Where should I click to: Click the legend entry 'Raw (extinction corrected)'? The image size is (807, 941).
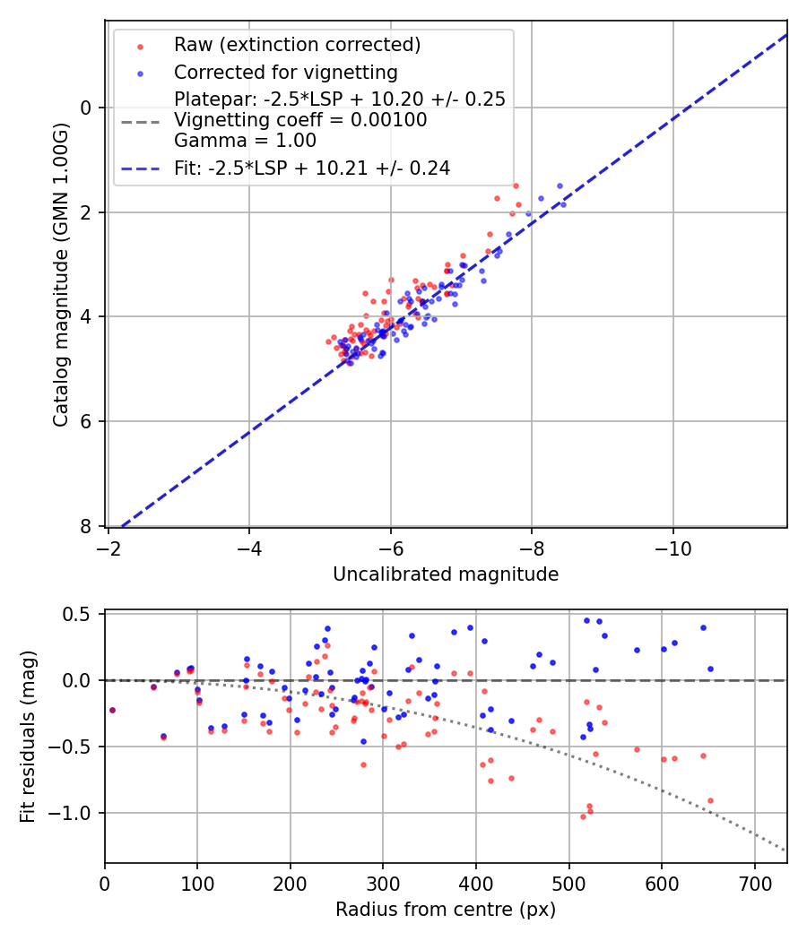tap(297, 45)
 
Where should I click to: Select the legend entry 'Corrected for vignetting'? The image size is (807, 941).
tap(285, 72)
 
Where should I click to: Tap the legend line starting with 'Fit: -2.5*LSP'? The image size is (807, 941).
tap(311, 168)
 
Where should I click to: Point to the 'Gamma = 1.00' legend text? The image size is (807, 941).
tap(245, 141)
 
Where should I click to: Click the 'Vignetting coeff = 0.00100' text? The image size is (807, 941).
tap(300, 120)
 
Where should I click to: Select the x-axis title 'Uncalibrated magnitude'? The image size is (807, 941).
tap(446, 574)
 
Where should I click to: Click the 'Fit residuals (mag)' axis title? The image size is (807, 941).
tap(28, 737)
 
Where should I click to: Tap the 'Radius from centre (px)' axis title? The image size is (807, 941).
tap(446, 910)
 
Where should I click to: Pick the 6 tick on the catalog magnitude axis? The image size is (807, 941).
tap(87, 421)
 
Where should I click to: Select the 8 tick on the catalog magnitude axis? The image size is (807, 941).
tap(87, 526)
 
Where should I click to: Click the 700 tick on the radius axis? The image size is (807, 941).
tap(754, 885)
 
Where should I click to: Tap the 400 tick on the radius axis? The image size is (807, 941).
tap(476, 885)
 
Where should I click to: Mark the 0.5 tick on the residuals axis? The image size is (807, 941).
tap(81, 614)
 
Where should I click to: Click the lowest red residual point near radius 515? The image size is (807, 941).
tap(583, 816)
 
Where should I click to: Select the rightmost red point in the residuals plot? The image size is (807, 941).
tap(710, 800)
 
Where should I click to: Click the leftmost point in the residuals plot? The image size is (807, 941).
tap(112, 710)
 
